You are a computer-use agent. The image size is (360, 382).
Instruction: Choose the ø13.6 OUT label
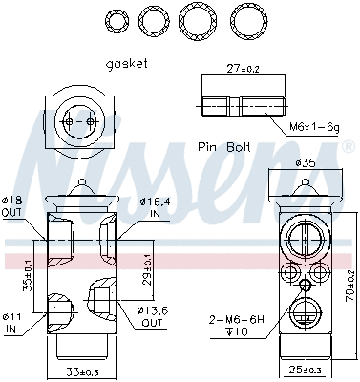[150, 316]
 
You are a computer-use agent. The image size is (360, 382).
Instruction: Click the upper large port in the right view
[305, 239]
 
